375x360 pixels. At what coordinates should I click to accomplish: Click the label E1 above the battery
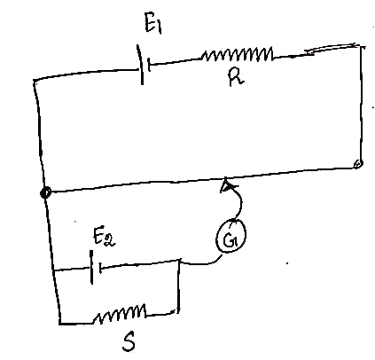click(153, 23)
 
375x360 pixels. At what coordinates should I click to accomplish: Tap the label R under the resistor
click(236, 78)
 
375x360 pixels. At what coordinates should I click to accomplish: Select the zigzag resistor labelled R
click(238, 54)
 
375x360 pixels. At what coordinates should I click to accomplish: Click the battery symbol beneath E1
click(144, 65)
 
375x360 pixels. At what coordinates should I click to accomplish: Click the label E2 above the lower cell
click(104, 237)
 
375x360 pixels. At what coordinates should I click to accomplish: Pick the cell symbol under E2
click(96, 268)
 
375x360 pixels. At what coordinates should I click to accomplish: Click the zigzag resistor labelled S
click(120, 313)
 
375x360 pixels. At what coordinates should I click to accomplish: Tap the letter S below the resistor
click(129, 341)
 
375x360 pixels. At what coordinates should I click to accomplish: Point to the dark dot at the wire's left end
click(45, 192)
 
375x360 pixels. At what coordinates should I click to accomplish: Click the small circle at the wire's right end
click(357, 164)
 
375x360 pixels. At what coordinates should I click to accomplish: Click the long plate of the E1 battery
click(140, 65)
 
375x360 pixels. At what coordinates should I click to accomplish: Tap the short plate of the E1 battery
click(149, 65)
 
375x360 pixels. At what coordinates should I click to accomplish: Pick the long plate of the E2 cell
click(91, 267)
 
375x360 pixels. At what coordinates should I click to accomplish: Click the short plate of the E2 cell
click(100, 268)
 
